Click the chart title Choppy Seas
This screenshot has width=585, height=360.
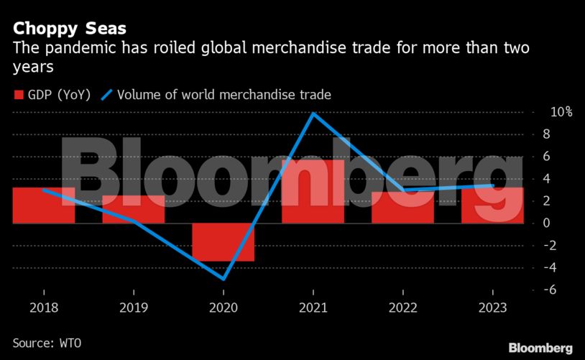(70, 29)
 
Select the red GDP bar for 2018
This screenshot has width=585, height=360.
(45, 206)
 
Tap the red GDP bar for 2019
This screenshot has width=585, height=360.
(134, 209)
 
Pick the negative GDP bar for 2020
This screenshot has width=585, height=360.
(223, 242)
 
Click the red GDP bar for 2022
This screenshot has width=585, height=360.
(402, 207)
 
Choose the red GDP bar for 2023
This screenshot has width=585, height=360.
(492, 206)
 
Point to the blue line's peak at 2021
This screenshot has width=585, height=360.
(313, 113)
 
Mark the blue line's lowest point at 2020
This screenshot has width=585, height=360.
(224, 279)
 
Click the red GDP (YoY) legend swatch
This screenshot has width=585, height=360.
(18, 95)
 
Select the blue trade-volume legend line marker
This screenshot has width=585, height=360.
(107, 95)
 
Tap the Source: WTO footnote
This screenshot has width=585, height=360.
(47, 343)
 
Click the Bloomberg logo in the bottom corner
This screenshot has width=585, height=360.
(540, 348)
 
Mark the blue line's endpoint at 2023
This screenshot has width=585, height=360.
(492, 185)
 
